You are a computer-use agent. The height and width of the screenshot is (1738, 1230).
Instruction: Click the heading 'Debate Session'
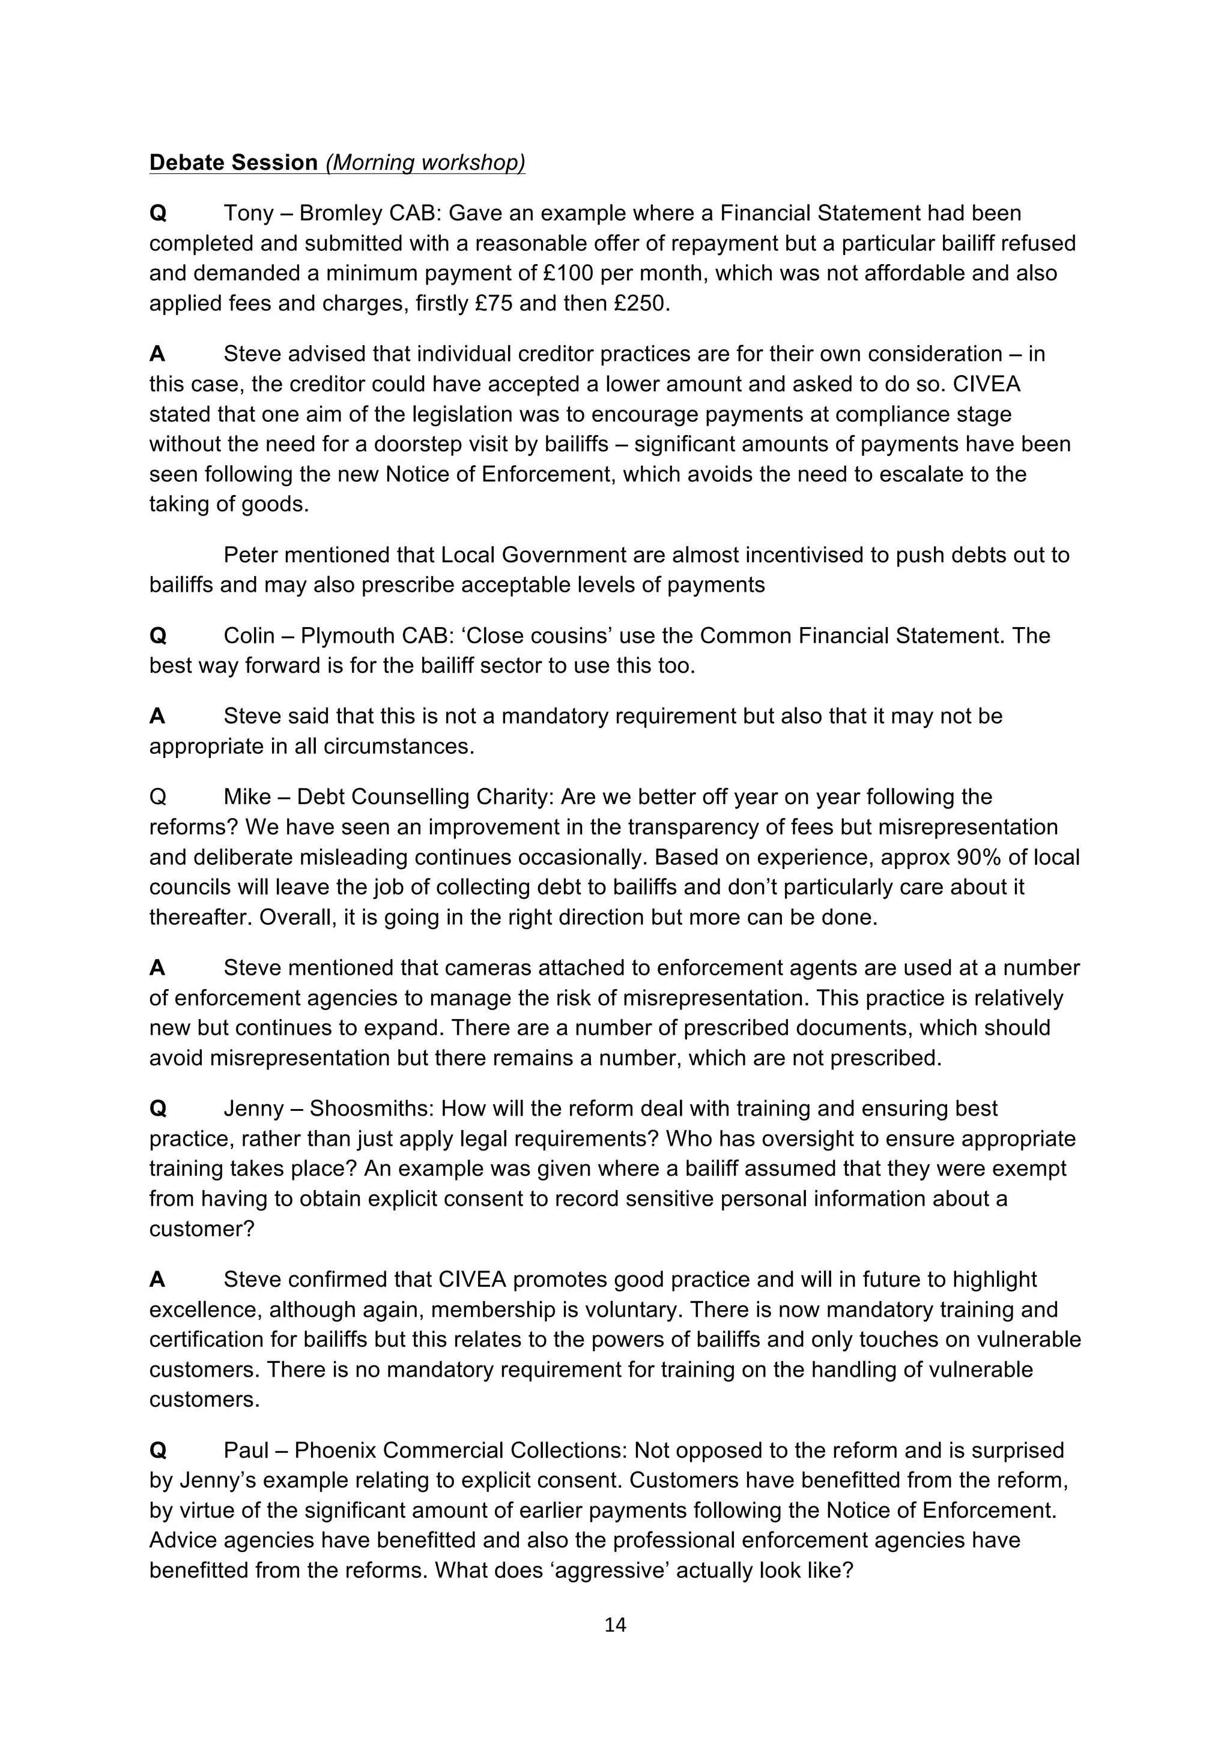coord(233,163)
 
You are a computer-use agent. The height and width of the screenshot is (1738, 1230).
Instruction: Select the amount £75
coord(494,304)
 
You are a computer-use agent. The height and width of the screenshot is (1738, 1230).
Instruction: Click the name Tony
coord(249,214)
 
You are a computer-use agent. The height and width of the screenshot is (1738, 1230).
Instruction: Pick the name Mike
coord(247,797)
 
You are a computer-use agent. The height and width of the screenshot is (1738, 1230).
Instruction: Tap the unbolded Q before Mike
coord(157,797)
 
